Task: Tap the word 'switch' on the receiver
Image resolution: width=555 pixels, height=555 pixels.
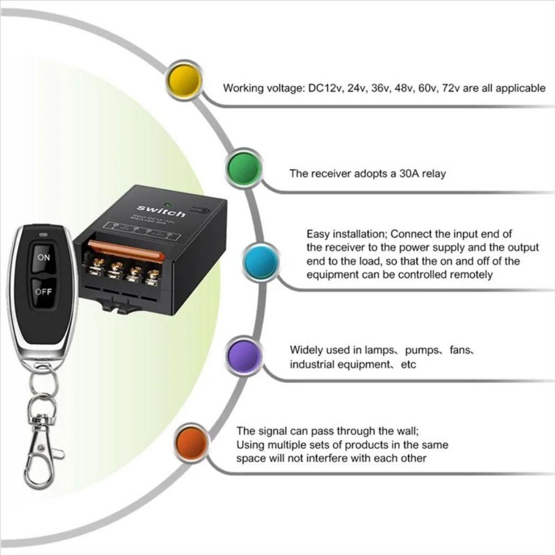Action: (x=161, y=211)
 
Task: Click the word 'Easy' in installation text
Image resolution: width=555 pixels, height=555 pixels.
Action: (x=318, y=234)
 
